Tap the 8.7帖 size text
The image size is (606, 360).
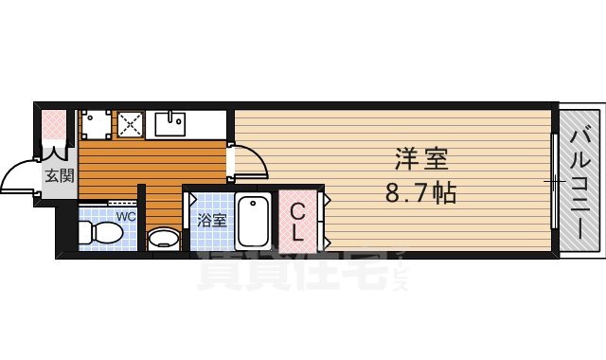(421, 194)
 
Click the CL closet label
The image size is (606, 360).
(297, 221)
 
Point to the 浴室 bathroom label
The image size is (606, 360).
(211, 221)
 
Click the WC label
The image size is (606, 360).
(125, 216)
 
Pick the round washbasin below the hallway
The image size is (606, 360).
(165, 238)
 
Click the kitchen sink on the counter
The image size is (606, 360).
(172, 123)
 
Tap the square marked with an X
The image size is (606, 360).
(129, 123)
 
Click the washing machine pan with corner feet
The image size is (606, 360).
(95, 123)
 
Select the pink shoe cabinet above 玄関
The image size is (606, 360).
(53, 124)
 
